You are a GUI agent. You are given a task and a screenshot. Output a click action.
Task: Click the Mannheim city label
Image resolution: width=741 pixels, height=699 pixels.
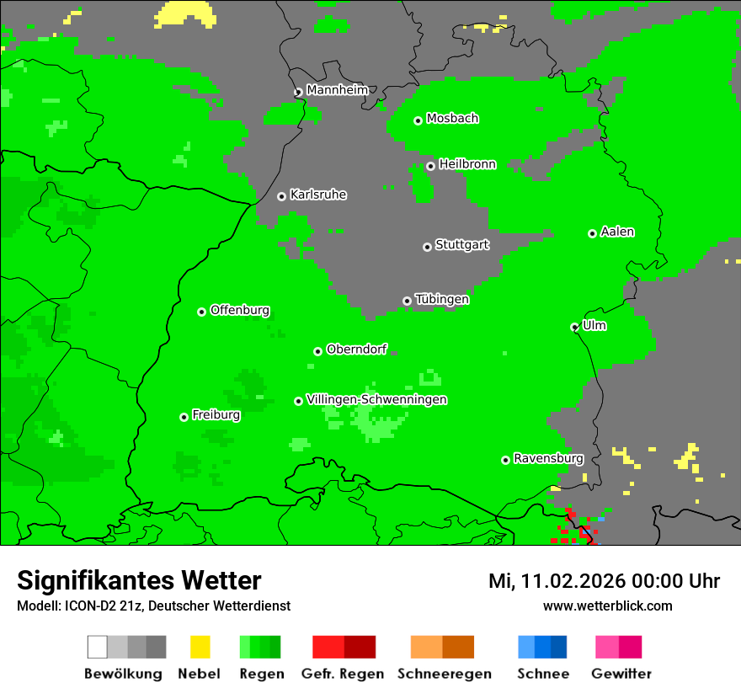(x=337, y=90)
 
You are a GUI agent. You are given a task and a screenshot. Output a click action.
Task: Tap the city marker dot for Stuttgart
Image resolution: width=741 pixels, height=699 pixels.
(x=427, y=247)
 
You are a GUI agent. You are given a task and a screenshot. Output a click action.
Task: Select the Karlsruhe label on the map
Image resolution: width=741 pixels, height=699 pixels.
(x=318, y=195)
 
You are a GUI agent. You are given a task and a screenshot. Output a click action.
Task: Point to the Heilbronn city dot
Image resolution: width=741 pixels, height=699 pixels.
(x=430, y=166)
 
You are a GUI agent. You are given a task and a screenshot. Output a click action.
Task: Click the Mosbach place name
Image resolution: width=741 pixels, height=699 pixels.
(x=452, y=119)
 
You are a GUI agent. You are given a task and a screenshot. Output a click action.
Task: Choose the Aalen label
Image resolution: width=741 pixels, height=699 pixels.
(x=617, y=232)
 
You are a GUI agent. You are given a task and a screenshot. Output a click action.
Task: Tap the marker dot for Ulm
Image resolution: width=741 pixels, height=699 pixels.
(x=574, y=327)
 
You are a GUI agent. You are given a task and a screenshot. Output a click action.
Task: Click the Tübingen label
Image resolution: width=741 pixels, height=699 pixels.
(x=442, y=299)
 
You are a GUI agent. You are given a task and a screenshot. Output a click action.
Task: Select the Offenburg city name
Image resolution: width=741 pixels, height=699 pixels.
(x=240, y=310)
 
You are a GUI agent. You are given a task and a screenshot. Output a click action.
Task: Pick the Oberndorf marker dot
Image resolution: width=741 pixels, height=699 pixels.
(x=317, y=351)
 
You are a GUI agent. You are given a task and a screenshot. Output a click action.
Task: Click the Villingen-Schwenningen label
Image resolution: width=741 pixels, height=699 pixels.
(x=376, y=399)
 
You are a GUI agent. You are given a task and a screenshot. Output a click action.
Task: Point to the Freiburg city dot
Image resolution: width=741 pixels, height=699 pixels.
(x=184, y=417)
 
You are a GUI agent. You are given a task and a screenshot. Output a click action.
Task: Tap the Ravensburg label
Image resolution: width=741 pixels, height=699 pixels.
(x=548, y=458)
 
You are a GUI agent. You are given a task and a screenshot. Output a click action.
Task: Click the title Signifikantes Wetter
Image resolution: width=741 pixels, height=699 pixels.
(x=139, y=580)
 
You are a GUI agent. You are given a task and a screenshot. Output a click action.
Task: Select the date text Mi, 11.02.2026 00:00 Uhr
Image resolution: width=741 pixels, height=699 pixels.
(x=604, y=581)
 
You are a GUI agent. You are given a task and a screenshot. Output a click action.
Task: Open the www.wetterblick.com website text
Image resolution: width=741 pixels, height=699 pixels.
(x=607, y=606)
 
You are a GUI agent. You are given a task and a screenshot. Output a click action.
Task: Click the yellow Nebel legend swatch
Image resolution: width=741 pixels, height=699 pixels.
(x=200, y=647)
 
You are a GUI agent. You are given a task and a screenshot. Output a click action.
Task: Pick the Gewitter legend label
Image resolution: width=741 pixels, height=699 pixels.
(x=621, y=674)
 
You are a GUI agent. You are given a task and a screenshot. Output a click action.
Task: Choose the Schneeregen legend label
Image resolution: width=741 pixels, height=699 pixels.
(x=445, y=674)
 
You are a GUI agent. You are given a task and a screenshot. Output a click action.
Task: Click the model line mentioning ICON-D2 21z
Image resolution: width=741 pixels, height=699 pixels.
(x=153, y=606)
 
